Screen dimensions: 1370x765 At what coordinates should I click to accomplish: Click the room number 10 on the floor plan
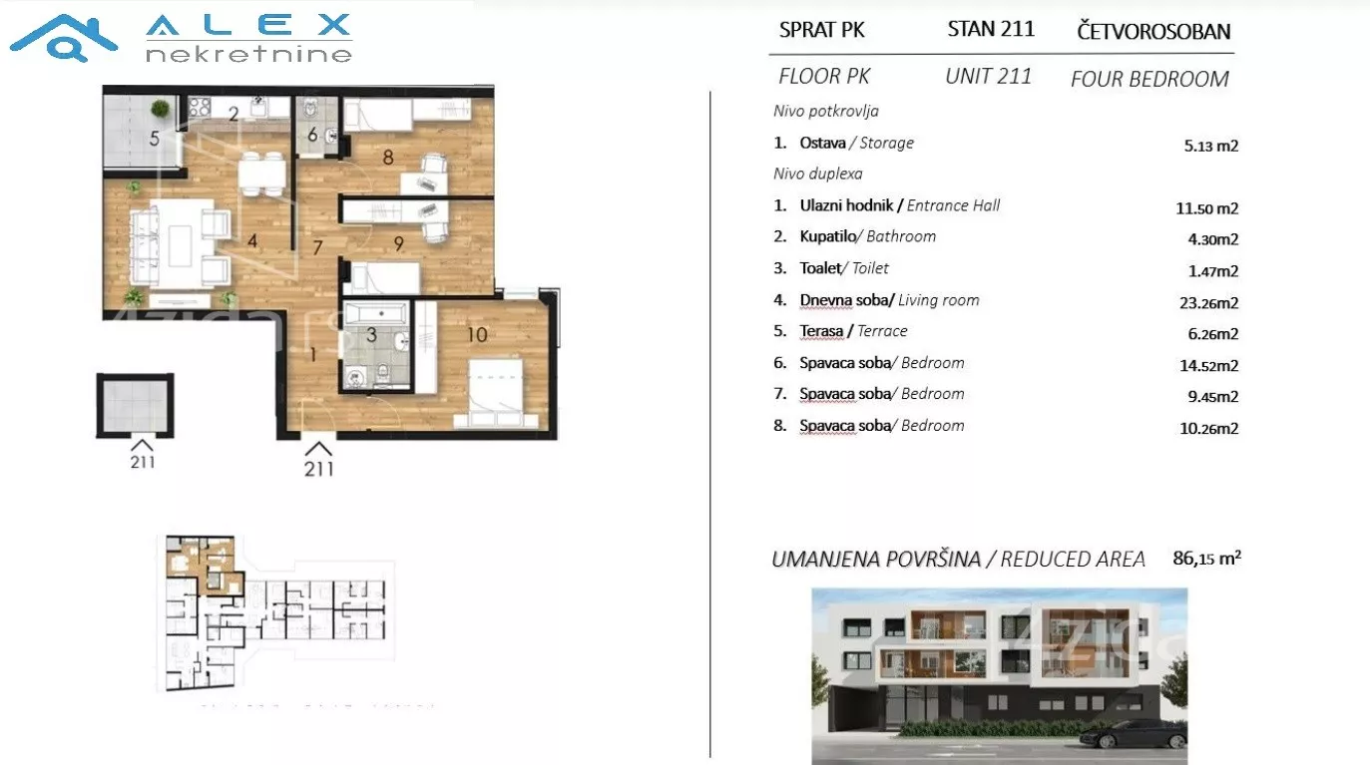[x=477, y=334]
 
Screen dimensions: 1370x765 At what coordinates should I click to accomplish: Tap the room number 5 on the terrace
[x=155, y=139]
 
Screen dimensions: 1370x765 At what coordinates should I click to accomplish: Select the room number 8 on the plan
[x=388, y=158]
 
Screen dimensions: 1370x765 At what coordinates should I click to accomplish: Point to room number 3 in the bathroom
[x=371, y=334]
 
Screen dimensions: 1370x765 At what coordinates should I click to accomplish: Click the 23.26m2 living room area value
[x=1208, y=302]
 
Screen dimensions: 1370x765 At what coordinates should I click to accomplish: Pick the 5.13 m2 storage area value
[x=1211, y=146]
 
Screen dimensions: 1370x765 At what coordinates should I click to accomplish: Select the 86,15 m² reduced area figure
[x=1206, y=558]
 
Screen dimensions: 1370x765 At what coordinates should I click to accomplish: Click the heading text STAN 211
[x=991, y=29]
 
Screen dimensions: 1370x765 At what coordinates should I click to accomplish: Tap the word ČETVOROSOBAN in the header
[x=1153, y=31]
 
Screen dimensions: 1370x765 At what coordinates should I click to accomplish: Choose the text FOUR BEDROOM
[x=1149, y=79]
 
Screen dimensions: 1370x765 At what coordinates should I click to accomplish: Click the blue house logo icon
[x=64, y=38]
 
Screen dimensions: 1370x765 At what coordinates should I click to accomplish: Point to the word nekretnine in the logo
[x=248, y=55]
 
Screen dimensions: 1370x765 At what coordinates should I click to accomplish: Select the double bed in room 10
[x=496, y=393]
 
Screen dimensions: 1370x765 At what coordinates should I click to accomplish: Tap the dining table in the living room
[x=261, y=175]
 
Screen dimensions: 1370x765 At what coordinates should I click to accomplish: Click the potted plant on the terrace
[x=161, y=109]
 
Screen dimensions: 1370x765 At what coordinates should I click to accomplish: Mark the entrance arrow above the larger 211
[x=318, y=449]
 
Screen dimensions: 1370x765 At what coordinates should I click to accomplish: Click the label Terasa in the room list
[x=821, y=331]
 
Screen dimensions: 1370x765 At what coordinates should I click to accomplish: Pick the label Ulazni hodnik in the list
[x=846, y=204]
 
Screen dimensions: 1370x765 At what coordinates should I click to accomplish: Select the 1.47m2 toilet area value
[x=1213, y=271]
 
